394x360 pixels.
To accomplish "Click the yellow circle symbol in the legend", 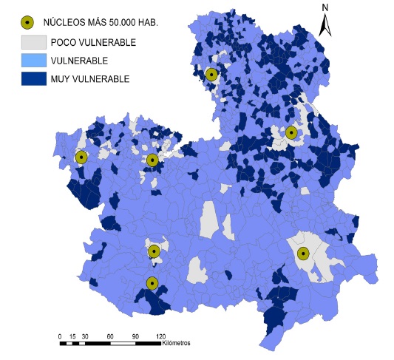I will (30, 22).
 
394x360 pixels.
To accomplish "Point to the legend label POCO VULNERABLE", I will (92, 42).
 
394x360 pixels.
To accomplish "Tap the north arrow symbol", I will (325, 24).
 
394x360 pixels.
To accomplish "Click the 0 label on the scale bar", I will (60, 337).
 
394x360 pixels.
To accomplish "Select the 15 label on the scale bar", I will (72, 337).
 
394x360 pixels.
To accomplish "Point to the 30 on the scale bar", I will (84, 337).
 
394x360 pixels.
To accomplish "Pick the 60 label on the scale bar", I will (109, 337).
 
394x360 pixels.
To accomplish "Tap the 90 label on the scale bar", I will (135, 337).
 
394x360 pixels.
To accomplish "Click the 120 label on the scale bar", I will (160, 337).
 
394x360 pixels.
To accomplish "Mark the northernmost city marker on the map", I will (212, 74).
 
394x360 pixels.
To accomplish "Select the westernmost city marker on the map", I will (81, 157).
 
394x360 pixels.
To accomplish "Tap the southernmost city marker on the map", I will (152, 282).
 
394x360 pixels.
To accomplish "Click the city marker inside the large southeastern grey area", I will (303, 254).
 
